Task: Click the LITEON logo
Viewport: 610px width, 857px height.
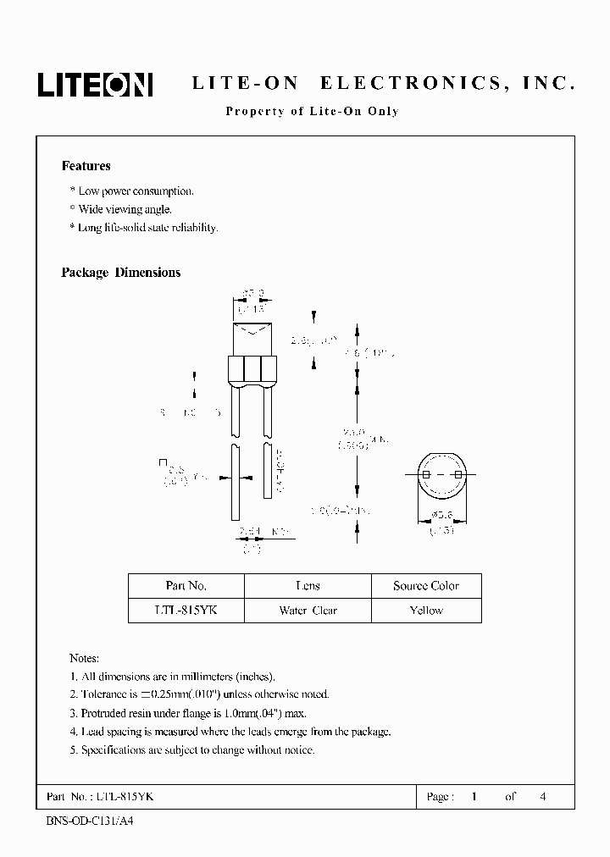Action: point(94,83)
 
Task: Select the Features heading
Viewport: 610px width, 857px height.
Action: point(86,166)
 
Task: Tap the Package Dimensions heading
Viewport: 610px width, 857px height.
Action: point(120,273)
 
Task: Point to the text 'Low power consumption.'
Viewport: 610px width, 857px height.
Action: point(136,191)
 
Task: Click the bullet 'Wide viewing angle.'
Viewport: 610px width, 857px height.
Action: point(125,209)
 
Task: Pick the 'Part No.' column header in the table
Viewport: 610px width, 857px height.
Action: point(186,586)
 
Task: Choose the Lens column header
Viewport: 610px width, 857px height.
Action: point(308,586)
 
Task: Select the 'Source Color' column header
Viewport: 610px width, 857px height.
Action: point(426,586)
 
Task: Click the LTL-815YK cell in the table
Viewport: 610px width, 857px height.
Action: point(186,610)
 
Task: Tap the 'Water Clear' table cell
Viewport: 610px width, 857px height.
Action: point(308,610)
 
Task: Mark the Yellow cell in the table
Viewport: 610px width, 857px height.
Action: point(426,610)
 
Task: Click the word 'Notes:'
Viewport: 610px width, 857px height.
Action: point(84,658)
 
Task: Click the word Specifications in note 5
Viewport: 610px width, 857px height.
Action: point(118,750)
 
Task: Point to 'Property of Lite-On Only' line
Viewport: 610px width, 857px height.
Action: point(311,111)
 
